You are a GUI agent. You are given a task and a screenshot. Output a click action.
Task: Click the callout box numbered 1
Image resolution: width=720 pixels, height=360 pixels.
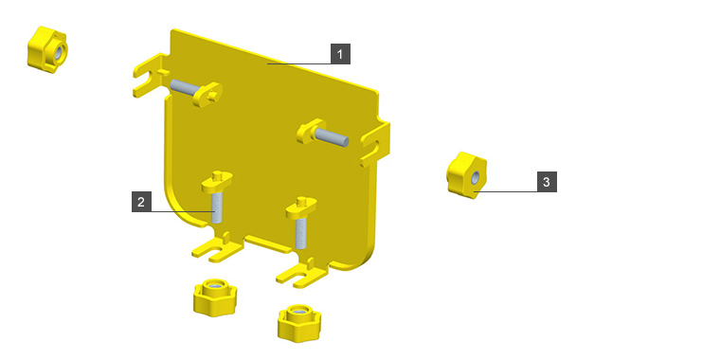point(340,54)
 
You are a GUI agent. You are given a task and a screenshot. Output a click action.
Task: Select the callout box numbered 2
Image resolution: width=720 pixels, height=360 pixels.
point(141,202)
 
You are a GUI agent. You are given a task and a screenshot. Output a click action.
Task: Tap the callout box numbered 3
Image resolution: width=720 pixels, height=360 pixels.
point(547,182)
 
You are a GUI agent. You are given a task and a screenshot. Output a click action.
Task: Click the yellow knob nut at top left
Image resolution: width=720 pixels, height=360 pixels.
point(47,49)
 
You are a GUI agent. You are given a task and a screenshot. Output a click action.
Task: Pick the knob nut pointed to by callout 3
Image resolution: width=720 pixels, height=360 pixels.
point(466,175)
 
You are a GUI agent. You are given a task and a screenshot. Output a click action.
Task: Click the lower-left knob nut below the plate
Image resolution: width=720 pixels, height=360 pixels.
point(214,297)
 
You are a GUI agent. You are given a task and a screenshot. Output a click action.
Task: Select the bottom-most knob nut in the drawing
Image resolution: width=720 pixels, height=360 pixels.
point(299,323)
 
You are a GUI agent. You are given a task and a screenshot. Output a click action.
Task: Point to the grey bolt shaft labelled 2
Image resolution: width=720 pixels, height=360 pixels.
point(217,207)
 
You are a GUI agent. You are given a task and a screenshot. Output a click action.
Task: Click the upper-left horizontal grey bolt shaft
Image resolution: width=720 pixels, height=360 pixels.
point(186,86)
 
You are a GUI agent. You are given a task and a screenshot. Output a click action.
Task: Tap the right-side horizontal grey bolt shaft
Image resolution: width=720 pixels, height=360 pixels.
point(331,136)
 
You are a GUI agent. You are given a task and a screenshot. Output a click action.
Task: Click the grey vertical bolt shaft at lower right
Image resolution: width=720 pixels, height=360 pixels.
point(301,233)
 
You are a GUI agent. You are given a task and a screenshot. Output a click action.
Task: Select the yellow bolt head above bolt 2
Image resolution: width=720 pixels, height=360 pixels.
point(217,181)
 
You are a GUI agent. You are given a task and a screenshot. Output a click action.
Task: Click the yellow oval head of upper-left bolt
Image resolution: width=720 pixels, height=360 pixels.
point(208,94)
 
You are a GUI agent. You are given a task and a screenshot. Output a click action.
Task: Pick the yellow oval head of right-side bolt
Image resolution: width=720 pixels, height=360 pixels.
point(311,131)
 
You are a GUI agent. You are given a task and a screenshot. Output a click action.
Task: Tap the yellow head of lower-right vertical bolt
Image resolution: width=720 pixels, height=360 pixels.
point(300,207)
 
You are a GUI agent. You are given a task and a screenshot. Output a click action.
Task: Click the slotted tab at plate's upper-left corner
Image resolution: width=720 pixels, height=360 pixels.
point(151,75)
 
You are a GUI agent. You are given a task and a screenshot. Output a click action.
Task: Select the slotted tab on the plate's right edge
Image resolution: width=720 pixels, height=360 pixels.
point(375,143)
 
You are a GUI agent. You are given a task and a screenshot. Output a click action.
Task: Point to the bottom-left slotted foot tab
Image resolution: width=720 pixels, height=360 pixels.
point(217,248)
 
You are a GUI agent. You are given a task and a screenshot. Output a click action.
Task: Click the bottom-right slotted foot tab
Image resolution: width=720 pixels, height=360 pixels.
point(301,274)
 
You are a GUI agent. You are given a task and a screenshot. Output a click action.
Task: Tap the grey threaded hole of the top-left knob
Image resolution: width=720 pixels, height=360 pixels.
point(60,52)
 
